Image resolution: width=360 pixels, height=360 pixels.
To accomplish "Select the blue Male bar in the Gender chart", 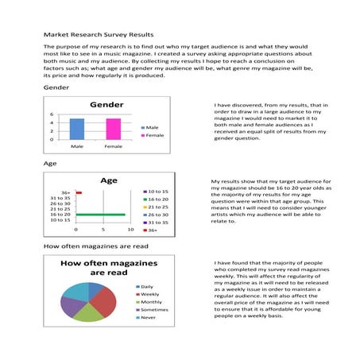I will coord(76,130).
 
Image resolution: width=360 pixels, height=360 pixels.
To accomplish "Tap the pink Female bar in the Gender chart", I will coord(113,130).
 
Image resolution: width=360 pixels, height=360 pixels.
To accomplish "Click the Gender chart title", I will coord(106,105).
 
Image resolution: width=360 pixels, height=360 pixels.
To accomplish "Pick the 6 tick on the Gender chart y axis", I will coord(52,114).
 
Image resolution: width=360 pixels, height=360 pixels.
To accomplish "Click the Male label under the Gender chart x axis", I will coord(76,146).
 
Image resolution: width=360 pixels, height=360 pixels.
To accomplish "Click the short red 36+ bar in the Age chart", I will coord(79,192).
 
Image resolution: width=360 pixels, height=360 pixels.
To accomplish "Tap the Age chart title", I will coord(108,180).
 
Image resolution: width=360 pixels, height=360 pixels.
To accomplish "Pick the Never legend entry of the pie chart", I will coord(148,318).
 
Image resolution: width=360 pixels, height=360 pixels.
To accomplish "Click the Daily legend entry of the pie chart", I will coord(147,286).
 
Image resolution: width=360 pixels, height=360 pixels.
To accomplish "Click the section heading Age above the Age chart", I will coord(49,163).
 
